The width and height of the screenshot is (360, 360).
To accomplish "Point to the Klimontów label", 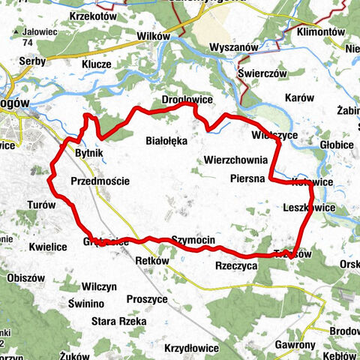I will [320, 33].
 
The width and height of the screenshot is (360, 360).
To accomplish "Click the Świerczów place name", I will [262, 74].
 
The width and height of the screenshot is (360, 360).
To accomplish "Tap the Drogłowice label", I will [187, 100].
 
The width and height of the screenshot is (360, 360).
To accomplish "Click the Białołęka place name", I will [166, 139].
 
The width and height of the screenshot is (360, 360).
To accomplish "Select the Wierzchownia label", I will [235, 160].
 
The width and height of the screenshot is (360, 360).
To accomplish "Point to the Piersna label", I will [248, 179].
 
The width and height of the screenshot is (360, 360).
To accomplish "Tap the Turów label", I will [41, 205].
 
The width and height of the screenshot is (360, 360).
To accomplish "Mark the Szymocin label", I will [193, 239].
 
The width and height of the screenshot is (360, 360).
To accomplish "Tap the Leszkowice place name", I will [310, 207].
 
